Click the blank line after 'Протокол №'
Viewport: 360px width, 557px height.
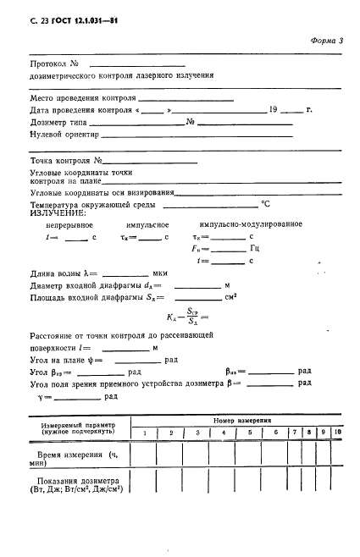coord(136,63)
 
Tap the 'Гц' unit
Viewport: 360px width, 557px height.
coord(254,249)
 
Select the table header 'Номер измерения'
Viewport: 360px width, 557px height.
coord(241,420)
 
